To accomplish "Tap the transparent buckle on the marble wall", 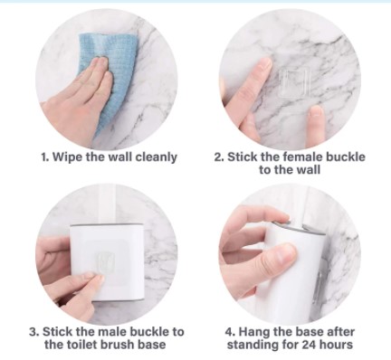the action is point(294,83).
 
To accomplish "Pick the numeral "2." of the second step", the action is point(219,157).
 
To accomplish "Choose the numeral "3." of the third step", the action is point(34,332).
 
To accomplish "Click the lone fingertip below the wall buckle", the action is point(316,119).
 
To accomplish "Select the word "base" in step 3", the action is point(152,345).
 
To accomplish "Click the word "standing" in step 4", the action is point(250,345).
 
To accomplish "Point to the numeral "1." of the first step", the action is point(45,157).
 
